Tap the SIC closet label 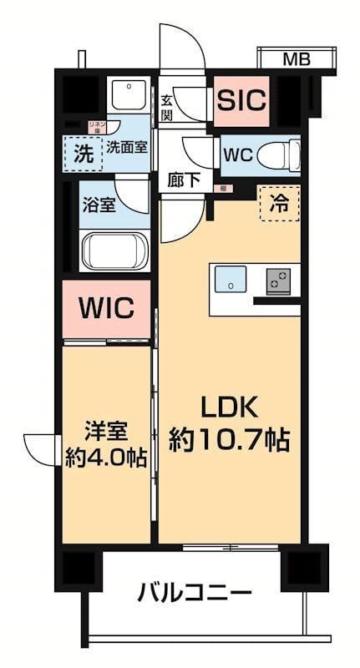(241, 99)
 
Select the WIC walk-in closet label (106, 309)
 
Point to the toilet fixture (276, 154)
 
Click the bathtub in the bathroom (114, 250)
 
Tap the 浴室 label (98, 205)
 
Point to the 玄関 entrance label (166, 107)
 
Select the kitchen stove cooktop (278, 281)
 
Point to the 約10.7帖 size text (229, 440)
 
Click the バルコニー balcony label (195, 595)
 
